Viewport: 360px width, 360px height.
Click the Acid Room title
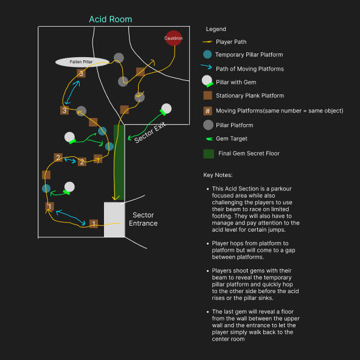click(111, 19)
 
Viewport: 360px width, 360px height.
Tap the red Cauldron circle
click(173, 38)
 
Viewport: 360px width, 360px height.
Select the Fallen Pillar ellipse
click(82, 62)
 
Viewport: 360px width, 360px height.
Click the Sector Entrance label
click(143, 219)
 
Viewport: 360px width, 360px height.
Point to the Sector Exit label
click(150, 133)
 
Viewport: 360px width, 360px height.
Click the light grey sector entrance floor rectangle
click(114, 220)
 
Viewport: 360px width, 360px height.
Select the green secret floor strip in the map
click(119, 162)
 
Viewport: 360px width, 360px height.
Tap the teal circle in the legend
click(207, 54)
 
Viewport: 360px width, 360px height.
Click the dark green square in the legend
click(209, 154)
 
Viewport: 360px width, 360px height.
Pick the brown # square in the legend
click(207, 111)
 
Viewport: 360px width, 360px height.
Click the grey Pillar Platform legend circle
click(208, 125)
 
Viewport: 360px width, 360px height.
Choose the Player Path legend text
click(231, 42)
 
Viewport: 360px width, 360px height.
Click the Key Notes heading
click(218, 175)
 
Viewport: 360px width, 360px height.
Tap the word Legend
click(216, 29)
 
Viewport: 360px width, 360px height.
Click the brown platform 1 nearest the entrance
click(94, 223)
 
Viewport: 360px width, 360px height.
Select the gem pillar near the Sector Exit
click(166, 109)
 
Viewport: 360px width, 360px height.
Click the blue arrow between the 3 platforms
click(72, 92)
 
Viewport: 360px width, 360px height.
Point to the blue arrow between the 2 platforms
click(71, 161)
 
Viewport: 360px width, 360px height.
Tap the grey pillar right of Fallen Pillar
click(119, 58)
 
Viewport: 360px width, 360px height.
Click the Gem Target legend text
click(232, 139)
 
